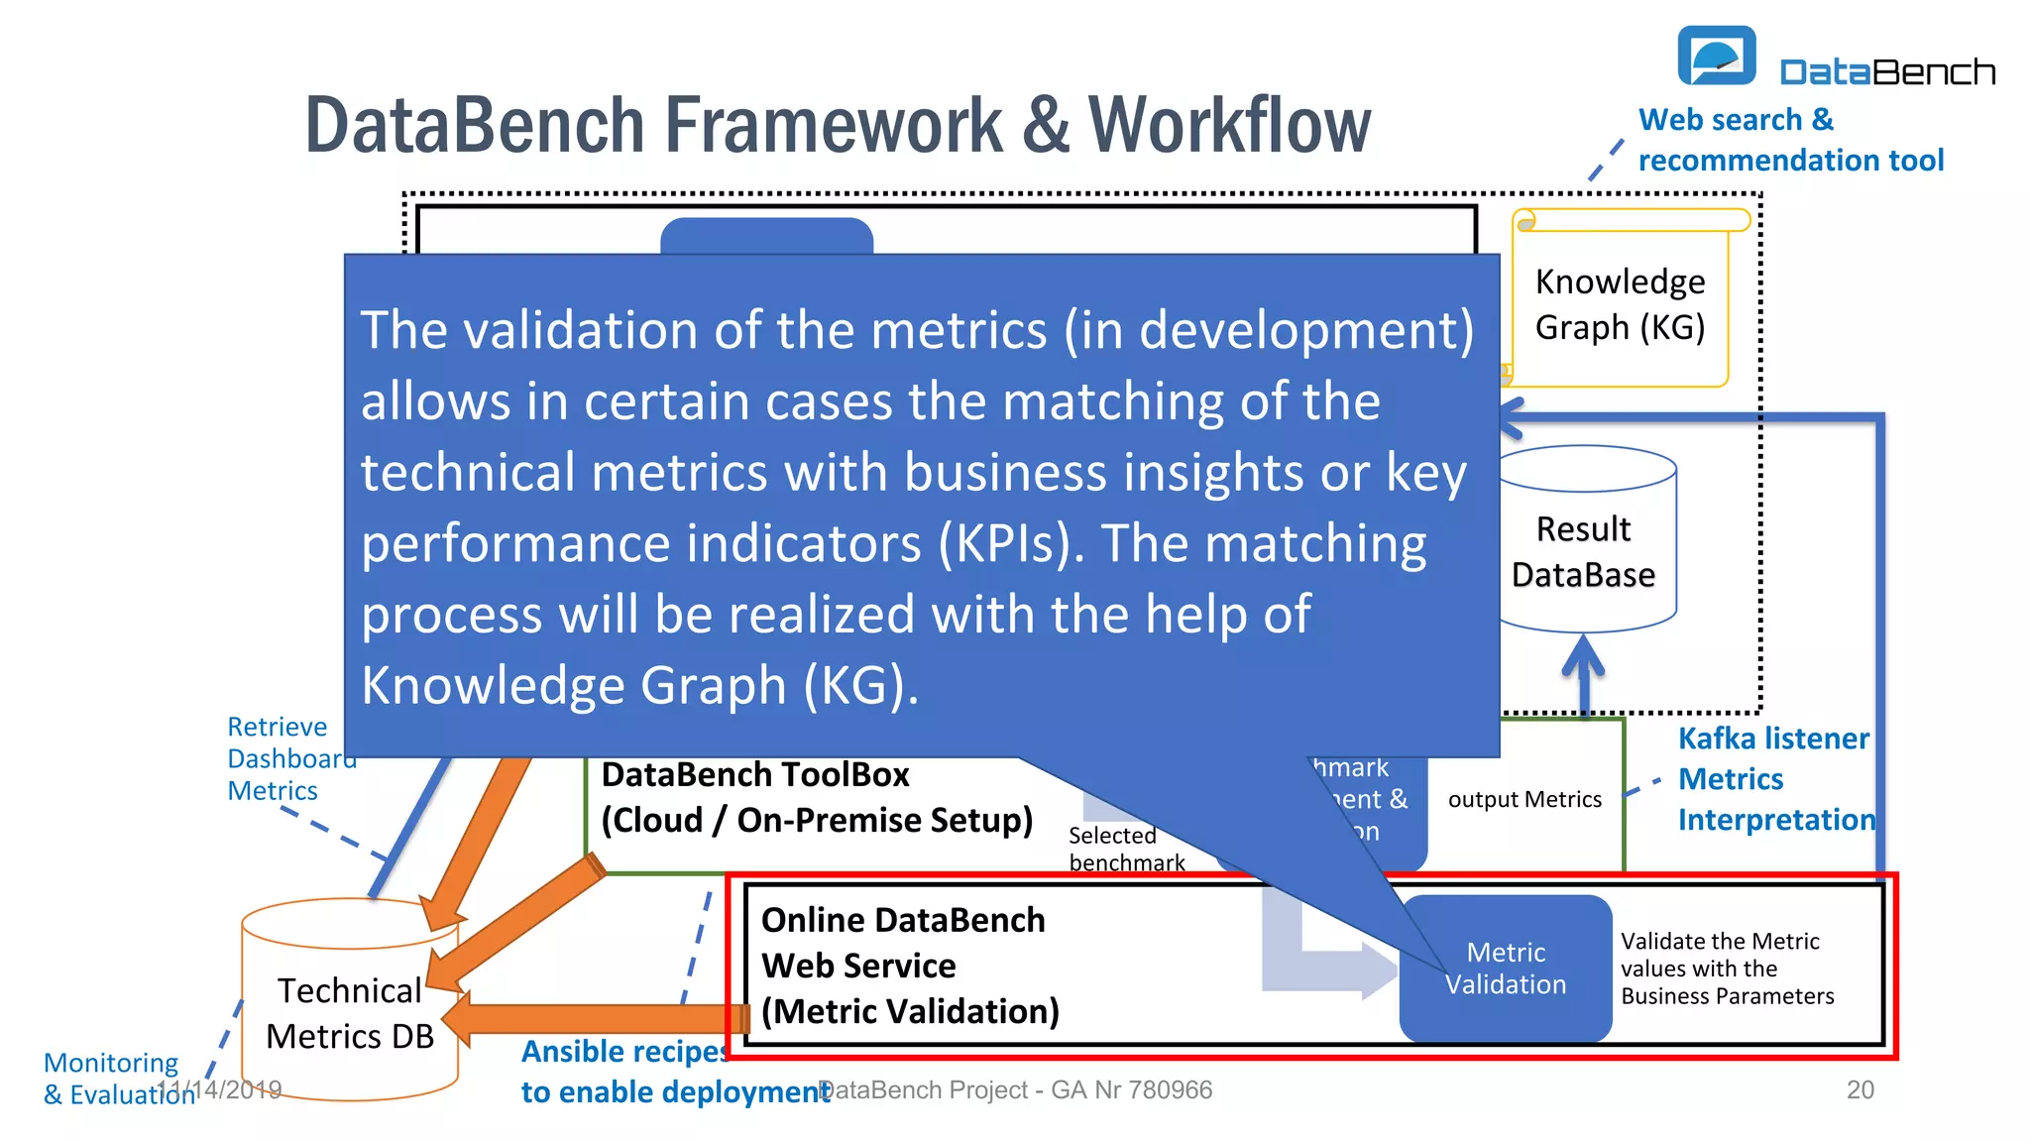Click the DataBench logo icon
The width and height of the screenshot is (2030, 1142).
click(x=1716, y=57)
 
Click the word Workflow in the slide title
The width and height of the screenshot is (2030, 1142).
click(x=1229, y=126)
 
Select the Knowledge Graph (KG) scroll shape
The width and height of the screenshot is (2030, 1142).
click(x=1620, y=302)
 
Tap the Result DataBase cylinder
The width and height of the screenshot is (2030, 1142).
click(x=1583, y=551)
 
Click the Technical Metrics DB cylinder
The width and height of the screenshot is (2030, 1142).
click(x=350, y=1012)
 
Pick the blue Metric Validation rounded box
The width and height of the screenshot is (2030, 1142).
click(x=1506, y=968)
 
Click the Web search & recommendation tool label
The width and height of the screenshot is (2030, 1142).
click(x=1790, y=140)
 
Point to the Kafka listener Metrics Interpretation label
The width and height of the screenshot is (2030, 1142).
click(x=1775, y=778)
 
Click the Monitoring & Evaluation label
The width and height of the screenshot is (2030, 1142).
click(x=114, y=1078)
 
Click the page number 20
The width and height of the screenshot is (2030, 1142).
click(x=1860, y=1089)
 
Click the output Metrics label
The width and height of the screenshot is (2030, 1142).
click(x=1523, y=799)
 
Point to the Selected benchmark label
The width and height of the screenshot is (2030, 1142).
click(x=1125, y=849)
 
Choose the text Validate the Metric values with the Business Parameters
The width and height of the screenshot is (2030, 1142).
click(x=1727, y=968)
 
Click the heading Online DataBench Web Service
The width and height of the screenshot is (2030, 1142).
click(x=903, y=942)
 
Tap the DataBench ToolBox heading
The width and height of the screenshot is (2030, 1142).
click(x=755, y=774)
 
